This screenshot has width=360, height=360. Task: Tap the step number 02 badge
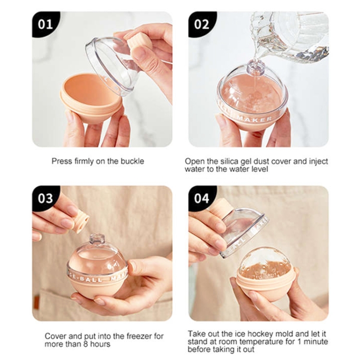[x=202, y=24]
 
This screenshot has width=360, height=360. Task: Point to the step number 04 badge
[x=202, y=198]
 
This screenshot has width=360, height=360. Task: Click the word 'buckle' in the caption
[x=132, y=161]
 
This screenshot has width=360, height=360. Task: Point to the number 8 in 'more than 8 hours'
[x=85, y=344]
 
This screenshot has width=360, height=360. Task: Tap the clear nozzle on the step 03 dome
[x=96, y=240]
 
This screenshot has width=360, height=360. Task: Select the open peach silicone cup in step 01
[x=90, y=98]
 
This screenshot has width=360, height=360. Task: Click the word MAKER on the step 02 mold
[x=254, y=119]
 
